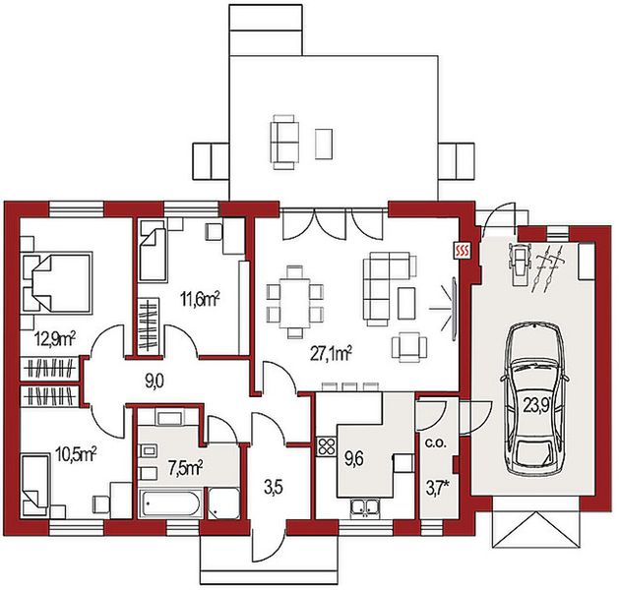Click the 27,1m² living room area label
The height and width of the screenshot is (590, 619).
pyautogui.click(x=331, y=354)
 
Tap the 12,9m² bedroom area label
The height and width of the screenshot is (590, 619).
pyautogui.click(x=55, y=339)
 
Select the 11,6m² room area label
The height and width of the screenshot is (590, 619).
pyautogui.click(x=200, y=300)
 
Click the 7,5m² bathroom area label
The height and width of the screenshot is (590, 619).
pyautogui.click(x=185, y=468)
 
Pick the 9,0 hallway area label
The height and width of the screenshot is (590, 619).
pyautogui.click(x=155, y=383)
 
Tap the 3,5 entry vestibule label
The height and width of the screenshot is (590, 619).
pyautogui.click(x=274, y=488)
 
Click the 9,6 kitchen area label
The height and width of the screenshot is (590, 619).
pyautogui.click(x=353, y=459)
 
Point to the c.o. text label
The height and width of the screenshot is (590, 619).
pyautogui.click(x=436, y=443)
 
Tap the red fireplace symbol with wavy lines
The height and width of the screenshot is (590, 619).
pyautogui.click(x=463, y=250)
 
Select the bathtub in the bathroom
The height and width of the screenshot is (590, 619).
pyautogui.click(x=171, y=502)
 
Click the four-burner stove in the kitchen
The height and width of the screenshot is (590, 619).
pyautogui.click(x=326, y=446)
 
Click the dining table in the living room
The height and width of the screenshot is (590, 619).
pyautogui.click(x=295, y=303)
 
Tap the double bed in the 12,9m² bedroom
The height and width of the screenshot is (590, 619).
pyautogui.click(x=57, y=283)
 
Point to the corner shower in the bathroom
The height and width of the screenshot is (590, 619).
pyautogui.click(x=223, y=503)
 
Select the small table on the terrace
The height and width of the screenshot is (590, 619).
pyautogui.click(x=324, y=144)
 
